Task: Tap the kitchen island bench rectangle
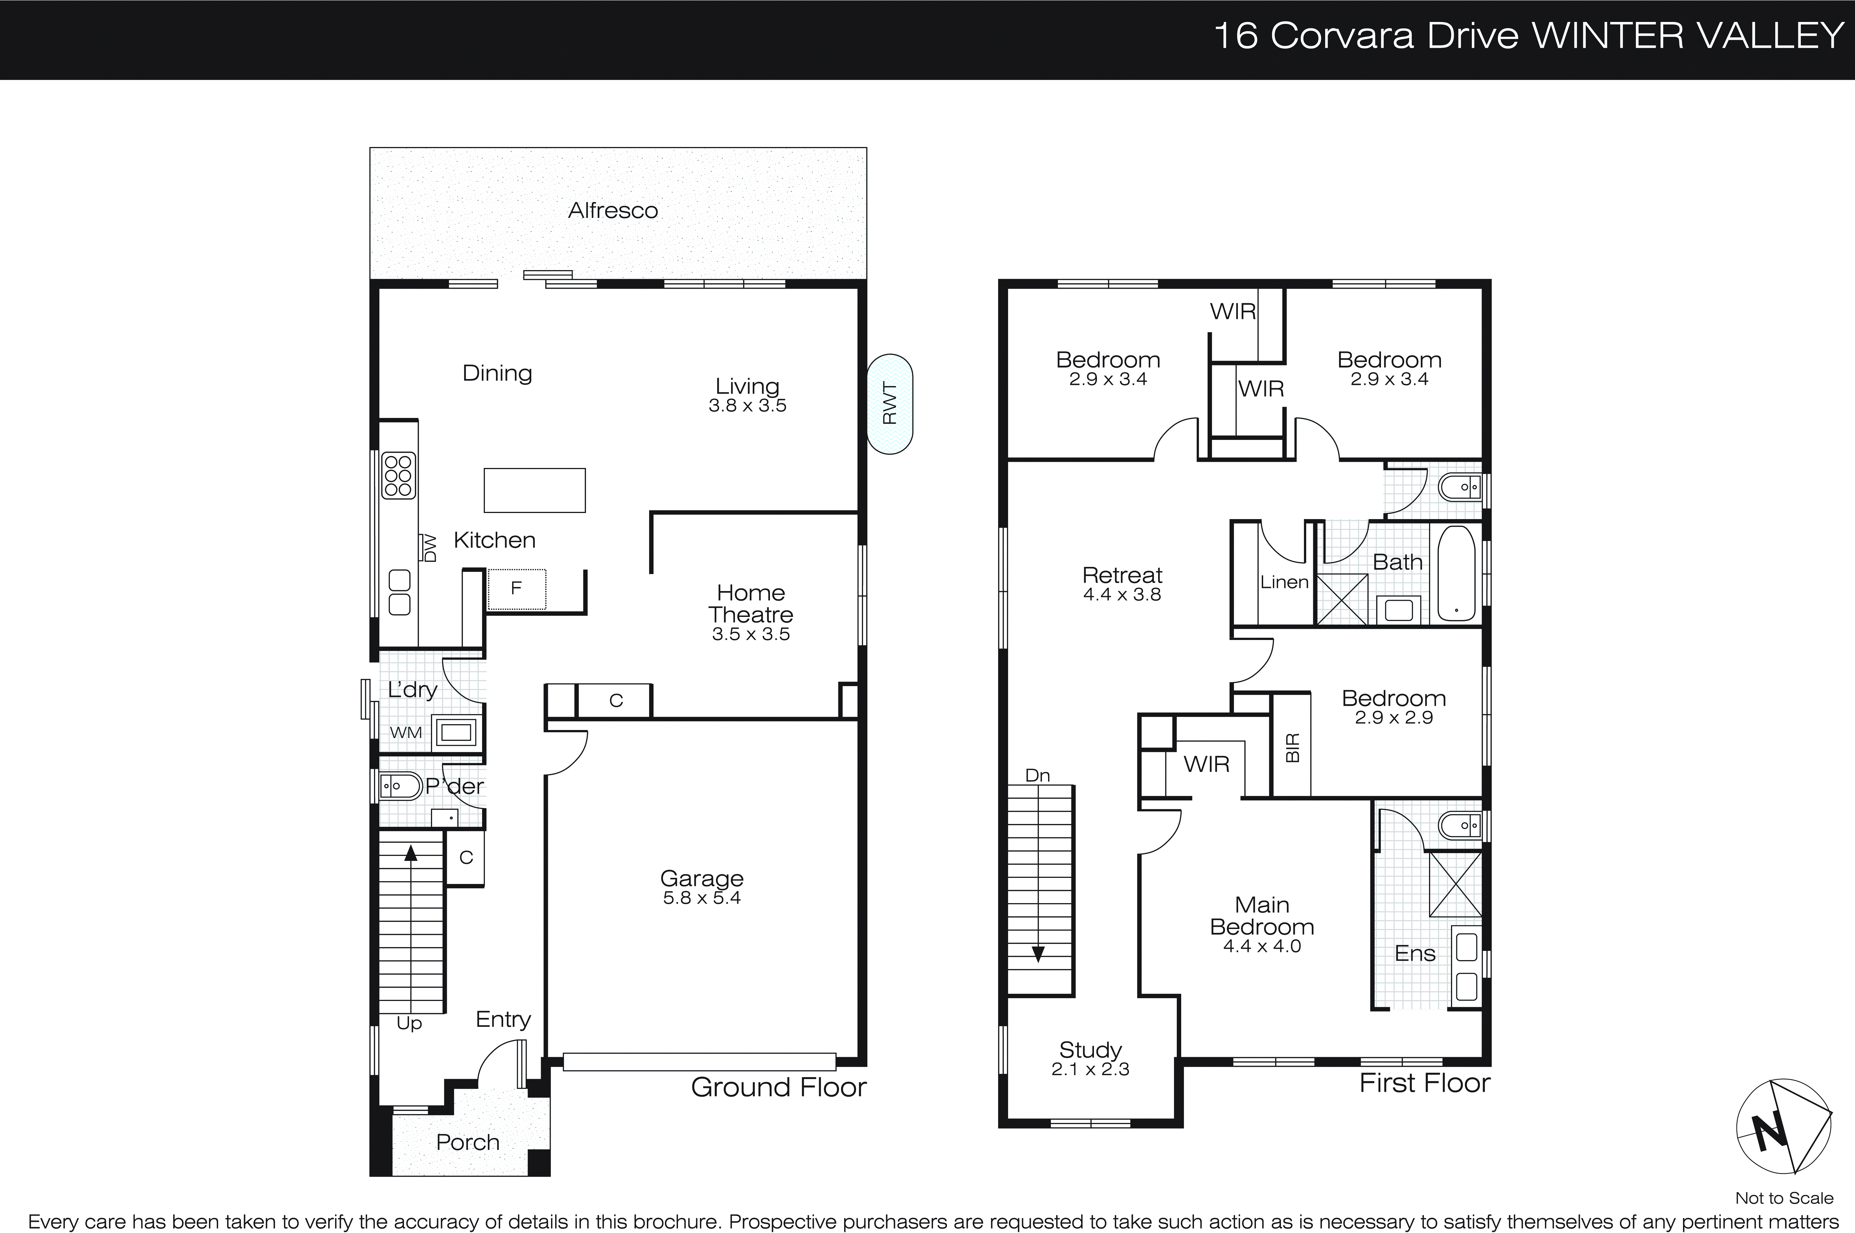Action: click(534, 490)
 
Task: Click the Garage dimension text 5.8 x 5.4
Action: click(701, 898)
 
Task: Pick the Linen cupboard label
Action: click(1284, 582)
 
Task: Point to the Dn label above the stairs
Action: click(1037, 775)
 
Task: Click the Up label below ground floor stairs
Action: click(409, 1023)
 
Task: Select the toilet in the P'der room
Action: click(401, 786)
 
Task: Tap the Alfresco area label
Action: click(613, 211)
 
